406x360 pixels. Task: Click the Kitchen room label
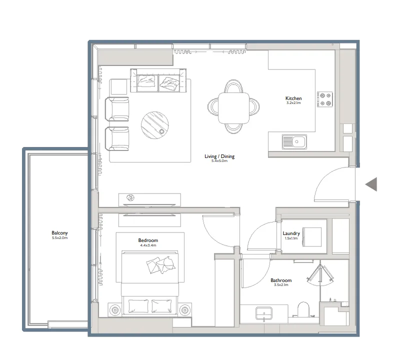coord(293,98)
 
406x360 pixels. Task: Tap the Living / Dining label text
coord(219,156)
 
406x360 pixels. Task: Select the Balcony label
coord(59,233)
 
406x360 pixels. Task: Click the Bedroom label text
coord(148,240)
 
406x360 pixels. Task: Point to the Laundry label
coord(291,233)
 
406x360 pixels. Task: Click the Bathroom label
coord(280,280)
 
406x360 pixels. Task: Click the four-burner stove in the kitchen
coord(325,99)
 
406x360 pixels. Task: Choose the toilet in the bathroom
coord(303,310)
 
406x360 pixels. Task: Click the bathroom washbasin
coord(264,313)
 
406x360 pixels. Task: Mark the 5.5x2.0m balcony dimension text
coord(59,238)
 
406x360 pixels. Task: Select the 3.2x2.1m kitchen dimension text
coord(293,103)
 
